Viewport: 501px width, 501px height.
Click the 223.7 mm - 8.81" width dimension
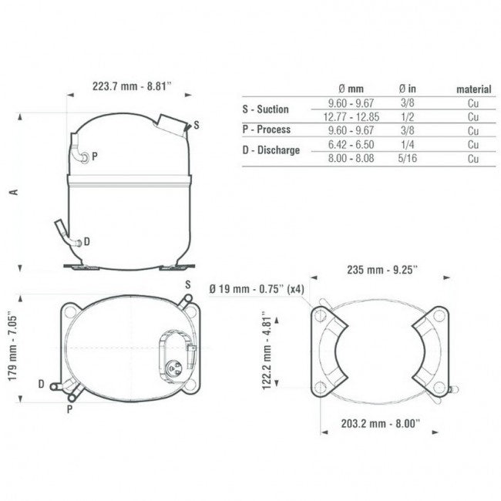pos(132,86)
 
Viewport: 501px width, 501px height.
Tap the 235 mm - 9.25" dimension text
pos(382,270)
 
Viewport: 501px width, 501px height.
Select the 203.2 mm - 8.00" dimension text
pos(380,424)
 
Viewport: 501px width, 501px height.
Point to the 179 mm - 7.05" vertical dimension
pos(12,346)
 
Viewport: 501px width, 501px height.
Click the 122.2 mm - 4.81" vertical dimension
pos(267,350)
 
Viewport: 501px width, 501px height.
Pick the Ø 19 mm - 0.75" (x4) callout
pos(257,289)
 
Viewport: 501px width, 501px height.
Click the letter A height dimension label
pos(14,192)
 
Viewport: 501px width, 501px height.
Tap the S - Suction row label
pos(265,109)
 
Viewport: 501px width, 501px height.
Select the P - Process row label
pos(267,129)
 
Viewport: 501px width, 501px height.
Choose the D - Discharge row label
pos(271,150)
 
